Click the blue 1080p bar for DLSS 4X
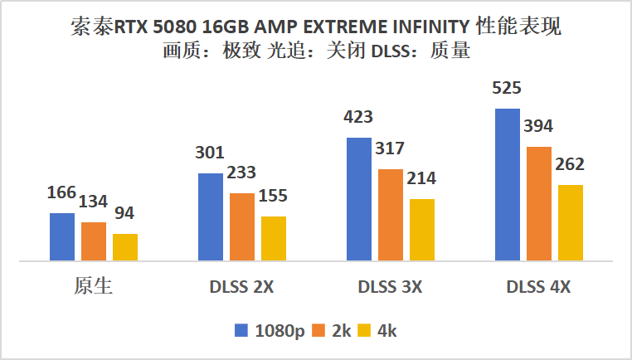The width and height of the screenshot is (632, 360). (508, 184)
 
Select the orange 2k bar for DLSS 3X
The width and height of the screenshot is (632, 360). (391, 215)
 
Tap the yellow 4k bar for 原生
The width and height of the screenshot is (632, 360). (125, 247)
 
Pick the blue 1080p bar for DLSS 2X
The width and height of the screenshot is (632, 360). (210, 216)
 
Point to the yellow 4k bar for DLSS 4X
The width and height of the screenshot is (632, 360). (571, 222)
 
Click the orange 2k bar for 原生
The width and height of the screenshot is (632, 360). (94, 241)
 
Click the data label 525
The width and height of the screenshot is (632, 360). (507, 89)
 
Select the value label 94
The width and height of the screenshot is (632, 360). (124, 214)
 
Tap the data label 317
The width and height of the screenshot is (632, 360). (390, 149)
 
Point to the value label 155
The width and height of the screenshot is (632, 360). (274, 197)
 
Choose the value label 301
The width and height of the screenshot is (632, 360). (210, 153)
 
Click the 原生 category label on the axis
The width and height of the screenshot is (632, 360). (92, 287)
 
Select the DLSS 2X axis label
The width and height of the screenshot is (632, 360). (241, 288)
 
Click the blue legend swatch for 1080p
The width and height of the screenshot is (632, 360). (241, 330)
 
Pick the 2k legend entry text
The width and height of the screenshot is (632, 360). (342, 330)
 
